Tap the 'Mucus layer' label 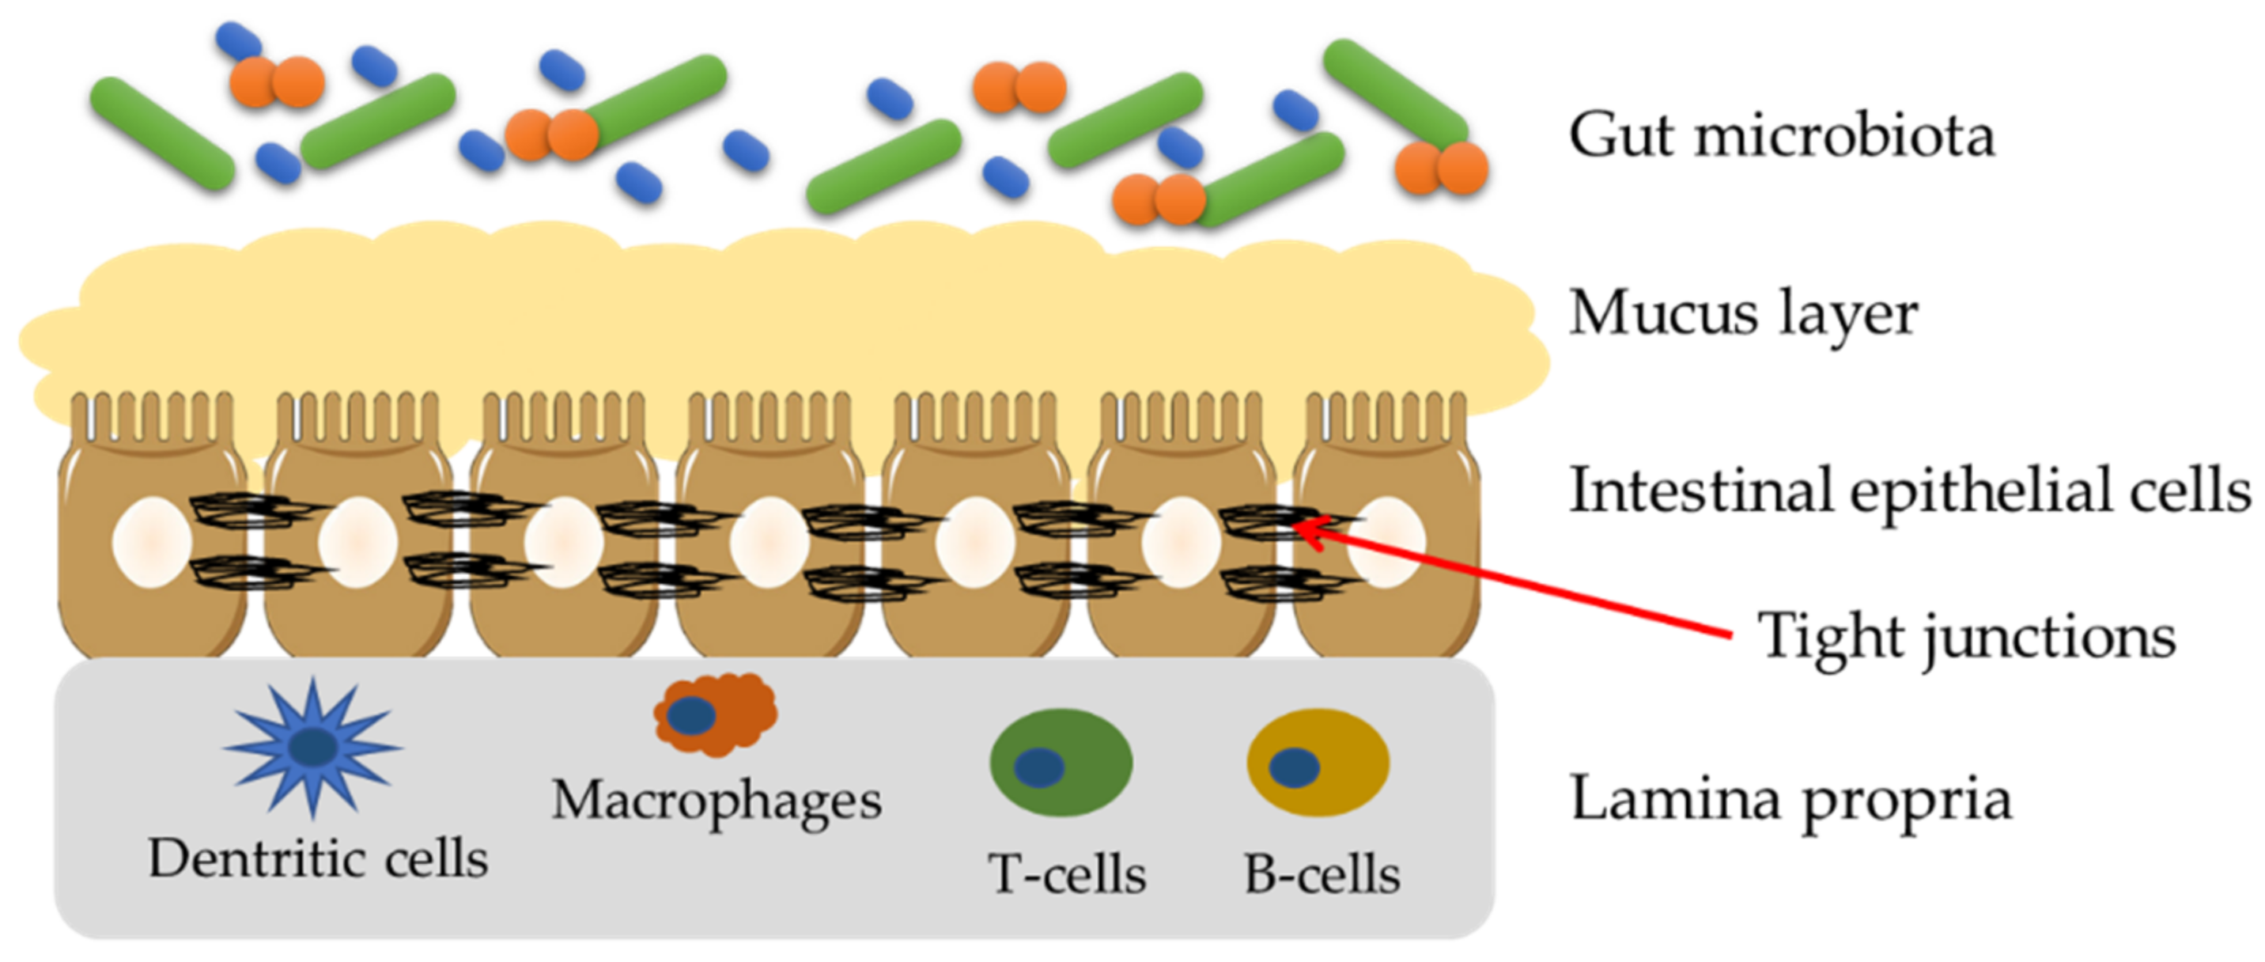[1743, 313]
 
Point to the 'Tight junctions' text [1966, 637]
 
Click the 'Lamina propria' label [1790, 798]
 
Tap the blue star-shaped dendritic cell [313, 748]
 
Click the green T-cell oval [1061, 763]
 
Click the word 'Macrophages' [717, 800]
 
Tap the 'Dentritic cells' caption [317, 859]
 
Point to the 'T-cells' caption [1067, 875]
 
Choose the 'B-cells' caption [1322, 875]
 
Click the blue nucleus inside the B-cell [1293, 767]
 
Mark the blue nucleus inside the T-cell [1038, 767]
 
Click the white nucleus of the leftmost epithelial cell [152, 543]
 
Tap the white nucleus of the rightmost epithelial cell [1386, 543]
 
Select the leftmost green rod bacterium [163, 134]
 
